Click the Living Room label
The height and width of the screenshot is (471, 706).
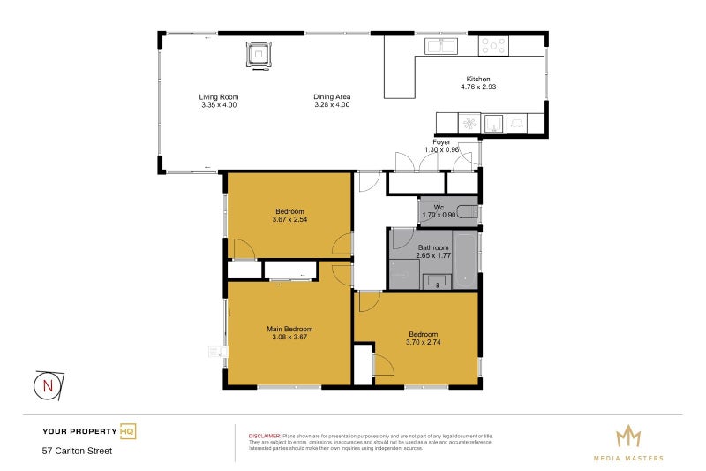tap(218, 96)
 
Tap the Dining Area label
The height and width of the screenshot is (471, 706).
tap(332, 96)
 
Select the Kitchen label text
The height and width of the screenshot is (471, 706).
tap(478, 80)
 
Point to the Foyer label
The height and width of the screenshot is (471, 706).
tap(442, 142)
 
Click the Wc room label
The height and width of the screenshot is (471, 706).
tap(438, 207)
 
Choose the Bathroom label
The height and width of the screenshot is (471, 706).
tap(433, 247)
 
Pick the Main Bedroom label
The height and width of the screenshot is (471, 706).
tap(289, 329)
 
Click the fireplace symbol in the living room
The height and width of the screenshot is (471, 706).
tap(258, 55)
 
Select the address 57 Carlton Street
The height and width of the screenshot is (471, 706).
tap(78, 451)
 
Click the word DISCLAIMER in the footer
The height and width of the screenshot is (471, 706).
tap(264, 436)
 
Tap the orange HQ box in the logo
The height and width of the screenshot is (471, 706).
tap(128, 431)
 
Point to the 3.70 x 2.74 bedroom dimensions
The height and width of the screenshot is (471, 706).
tap(423, 342)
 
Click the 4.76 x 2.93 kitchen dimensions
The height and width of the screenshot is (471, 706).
tap(478, 87)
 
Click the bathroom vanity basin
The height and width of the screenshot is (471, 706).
tap(436, 282)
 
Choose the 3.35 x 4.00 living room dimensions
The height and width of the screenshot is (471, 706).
tap(218, 104)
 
